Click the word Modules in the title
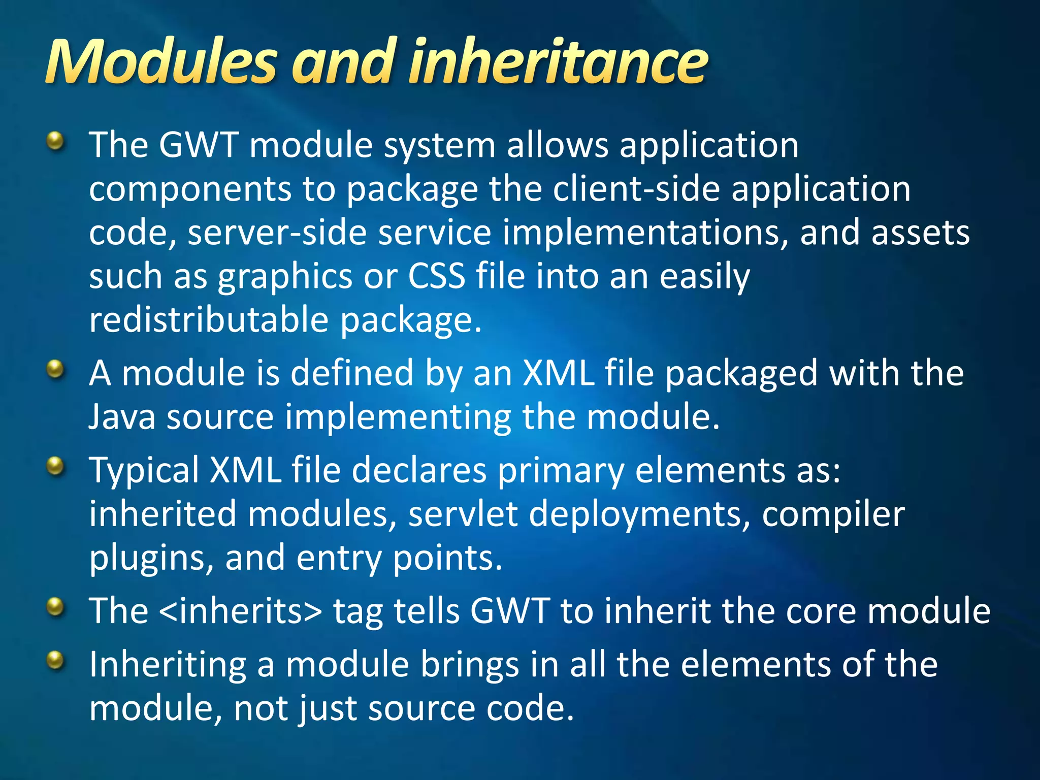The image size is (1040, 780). pyautogui.click(x=161, y=62)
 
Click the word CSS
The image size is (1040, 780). pyautogui.click(x=436, y=276)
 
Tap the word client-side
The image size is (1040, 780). pyautogui.click(x=636, y=189)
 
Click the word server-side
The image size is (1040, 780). pyautogui.click(x=277, y=233)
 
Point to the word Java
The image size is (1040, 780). pyautogui.click(x=122, y=416)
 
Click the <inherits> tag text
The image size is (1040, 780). pyautogui.click(x=240, y=610)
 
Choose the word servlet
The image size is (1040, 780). pyautogui.click(x=463, y=514)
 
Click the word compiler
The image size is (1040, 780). pyautogui.click(x=833, y=514)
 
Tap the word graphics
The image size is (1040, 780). pyautogui.click(x=285, y=277)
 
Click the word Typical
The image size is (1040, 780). pyautogui.click(x=144, y=470)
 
